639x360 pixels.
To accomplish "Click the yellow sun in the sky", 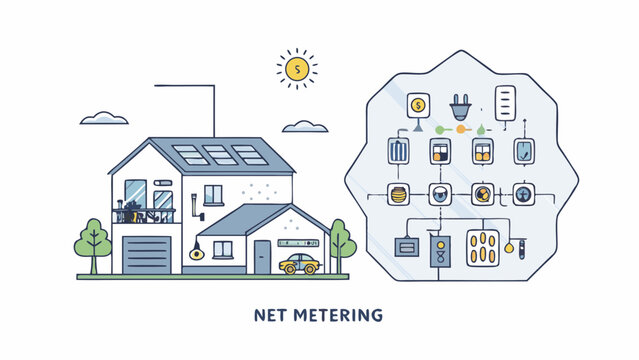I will pos(295,69).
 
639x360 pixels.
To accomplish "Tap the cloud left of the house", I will pos(104,119).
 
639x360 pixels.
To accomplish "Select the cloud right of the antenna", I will pos(304,127).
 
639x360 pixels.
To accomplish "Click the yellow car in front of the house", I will pos(299,264).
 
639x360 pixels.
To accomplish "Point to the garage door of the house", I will pos(147,255).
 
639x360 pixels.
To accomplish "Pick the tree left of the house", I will pos(92,244).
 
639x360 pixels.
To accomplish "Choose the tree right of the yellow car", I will pos(341,243).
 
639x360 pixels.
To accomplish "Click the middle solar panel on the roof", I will pos(220,155).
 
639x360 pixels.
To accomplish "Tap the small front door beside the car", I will pos(262,257).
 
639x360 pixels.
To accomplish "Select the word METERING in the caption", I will pos(339,316).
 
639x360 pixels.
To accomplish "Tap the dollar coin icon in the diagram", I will pos(418,103).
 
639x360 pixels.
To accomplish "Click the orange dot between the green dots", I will pos(461,129).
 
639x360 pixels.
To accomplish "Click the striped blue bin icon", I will pos(398,152).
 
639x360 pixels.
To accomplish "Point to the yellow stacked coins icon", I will pos(398,194).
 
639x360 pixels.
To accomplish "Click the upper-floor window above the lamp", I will pos(213,194).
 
